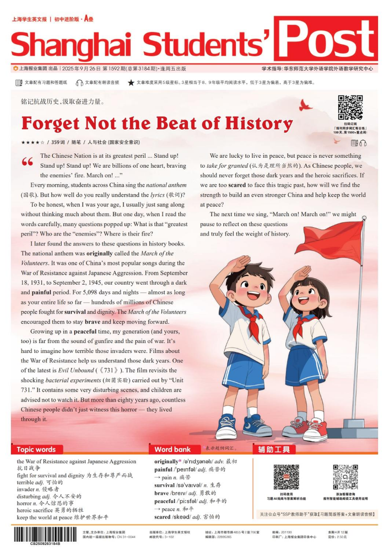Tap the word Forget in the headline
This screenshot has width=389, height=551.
52,122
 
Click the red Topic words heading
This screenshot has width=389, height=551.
36,450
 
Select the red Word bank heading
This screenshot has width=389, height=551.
172,450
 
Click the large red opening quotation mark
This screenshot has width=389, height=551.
27,162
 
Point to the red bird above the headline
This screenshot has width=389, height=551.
304,104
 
